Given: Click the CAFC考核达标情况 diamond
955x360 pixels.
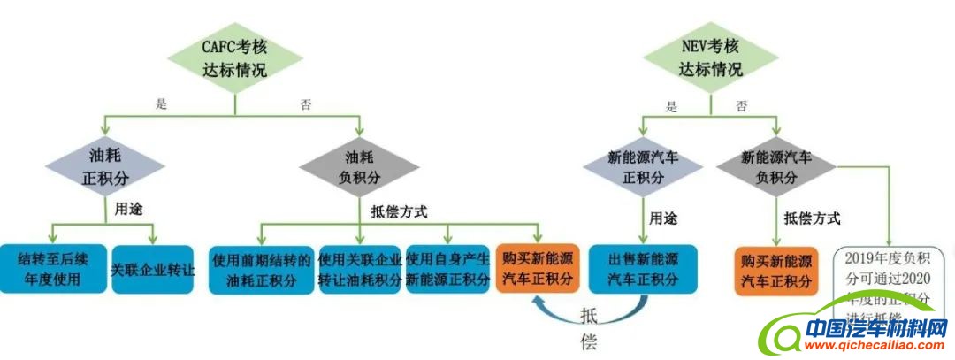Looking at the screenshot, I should (x=233, y=57).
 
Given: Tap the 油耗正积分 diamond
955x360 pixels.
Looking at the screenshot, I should (x=105, y=165).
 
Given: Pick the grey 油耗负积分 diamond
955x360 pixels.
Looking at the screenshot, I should (x=358, y=165).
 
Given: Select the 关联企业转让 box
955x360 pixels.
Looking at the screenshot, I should (x=152, y=268).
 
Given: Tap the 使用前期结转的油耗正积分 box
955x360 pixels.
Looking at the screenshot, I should (x=262, y=270).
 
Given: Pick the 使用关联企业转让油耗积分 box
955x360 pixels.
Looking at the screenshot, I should (x=360, y=270).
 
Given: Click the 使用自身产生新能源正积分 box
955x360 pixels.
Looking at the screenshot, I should (x=447, y=270).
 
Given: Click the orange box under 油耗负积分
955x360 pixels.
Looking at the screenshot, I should (x=537, y=269).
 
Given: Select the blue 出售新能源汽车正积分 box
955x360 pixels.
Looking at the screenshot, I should (x=643, y=269).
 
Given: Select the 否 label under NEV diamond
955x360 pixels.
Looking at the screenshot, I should (x=741, y=106).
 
